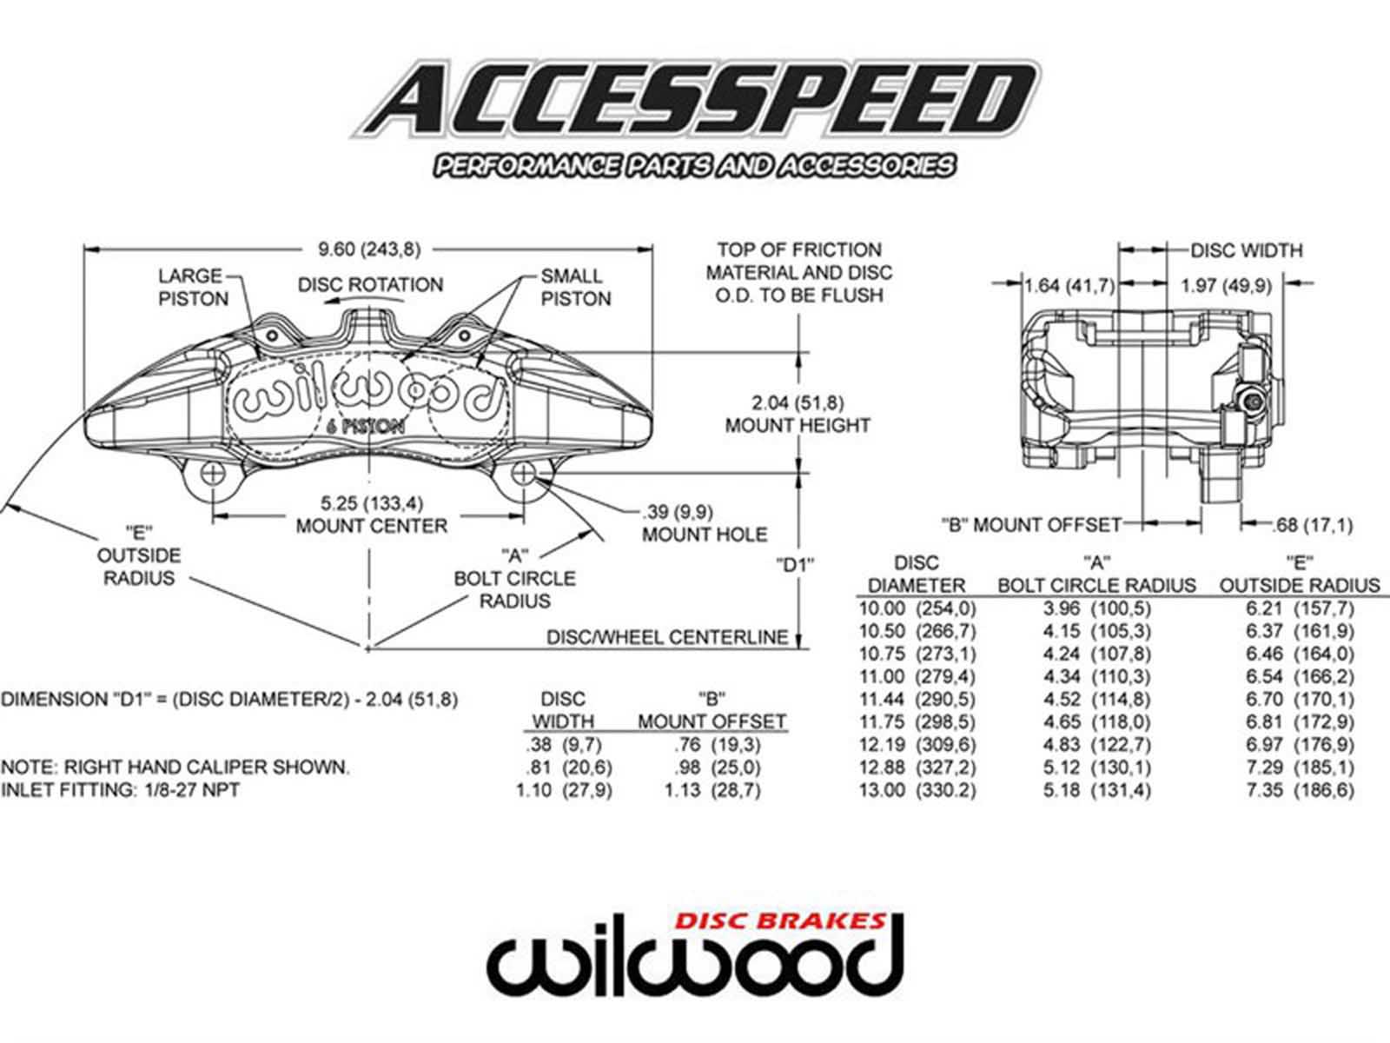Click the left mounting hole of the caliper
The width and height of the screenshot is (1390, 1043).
point(212,474)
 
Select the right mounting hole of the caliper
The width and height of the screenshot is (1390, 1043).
point(523,474)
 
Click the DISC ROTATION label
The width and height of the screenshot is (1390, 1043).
point(370,284)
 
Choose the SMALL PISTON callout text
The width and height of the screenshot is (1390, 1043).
point(575,288)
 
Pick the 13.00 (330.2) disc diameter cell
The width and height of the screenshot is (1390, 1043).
point(917,790)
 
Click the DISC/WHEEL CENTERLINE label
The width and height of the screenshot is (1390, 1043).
point(667,637)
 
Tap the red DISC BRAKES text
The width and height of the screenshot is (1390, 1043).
point(780,920)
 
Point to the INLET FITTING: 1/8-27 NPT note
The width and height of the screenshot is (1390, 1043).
point(120,790)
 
